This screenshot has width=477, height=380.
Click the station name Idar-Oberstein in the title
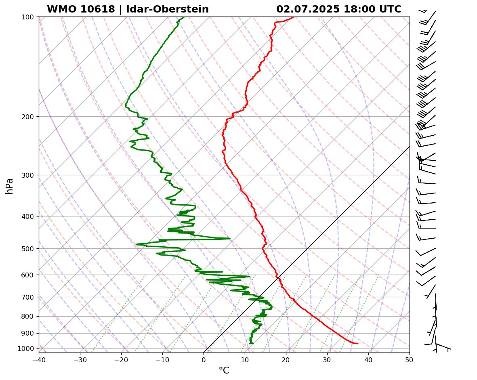click(167, 9)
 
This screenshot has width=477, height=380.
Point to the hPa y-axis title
click(10, 186)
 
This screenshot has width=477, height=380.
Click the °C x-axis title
click(224, 371)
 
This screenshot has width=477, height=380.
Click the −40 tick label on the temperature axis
click(39, 358)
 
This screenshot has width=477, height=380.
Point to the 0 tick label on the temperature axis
click(204, 358)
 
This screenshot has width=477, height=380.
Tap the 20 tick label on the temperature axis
click(286, 358)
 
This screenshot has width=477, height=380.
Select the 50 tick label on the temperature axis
click(410, 358)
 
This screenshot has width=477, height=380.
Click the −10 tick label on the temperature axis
click(162, 358)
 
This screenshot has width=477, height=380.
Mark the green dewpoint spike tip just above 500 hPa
click(230, 239)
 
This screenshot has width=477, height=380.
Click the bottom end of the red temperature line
click(357, 344)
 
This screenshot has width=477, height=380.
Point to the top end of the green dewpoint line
click(185, 17)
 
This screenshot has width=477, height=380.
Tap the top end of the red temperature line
click(294, 17)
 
